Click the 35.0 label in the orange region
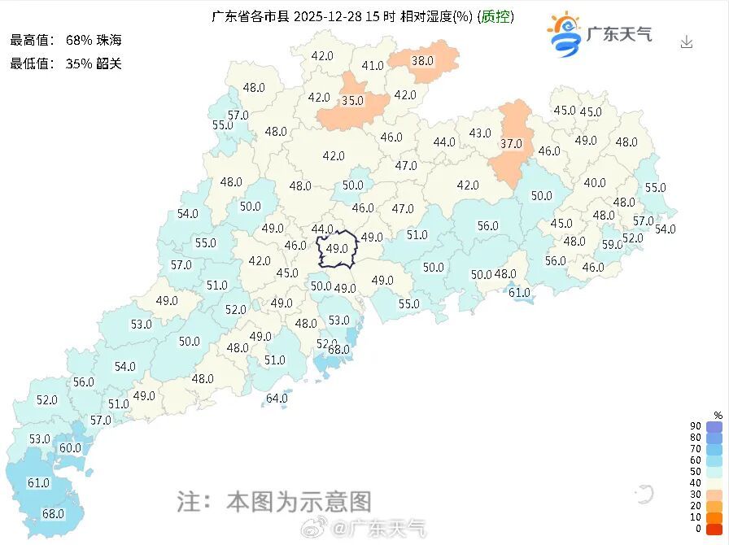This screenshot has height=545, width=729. [352, 102]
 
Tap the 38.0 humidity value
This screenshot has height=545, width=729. [422, 60]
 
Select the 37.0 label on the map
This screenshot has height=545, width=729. [511, 144]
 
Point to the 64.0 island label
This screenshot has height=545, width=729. [277, 399]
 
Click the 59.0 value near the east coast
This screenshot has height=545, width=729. [612, 244]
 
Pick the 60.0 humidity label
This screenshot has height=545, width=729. [70, 447]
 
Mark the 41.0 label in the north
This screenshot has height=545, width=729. [373, 66]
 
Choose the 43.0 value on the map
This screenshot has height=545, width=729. [480, 133]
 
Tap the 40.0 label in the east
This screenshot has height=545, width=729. [595, 183]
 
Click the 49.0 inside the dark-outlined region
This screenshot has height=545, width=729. [337, 249]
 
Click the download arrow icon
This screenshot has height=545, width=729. [687, 41]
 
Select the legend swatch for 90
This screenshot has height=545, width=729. [714, 427]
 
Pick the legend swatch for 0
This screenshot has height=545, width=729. [714, 529]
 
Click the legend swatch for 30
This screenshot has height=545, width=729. [714, 495]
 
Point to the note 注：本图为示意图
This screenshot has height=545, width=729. [274, 500]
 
